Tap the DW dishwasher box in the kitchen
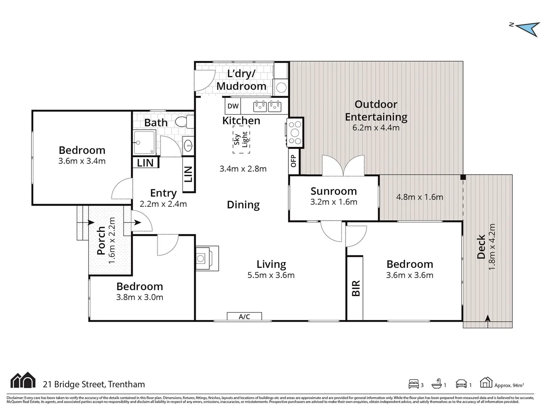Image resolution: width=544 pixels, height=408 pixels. [233, 106]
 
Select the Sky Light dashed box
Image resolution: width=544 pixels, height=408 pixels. [241, 140]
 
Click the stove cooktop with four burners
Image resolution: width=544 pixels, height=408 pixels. [295, 133]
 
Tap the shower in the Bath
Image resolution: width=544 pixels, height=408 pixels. [144, 142]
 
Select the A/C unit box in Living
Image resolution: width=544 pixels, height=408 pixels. [244, 317]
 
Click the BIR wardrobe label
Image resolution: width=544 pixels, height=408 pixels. [355, 288]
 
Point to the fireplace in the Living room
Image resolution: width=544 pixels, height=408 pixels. [206, 258]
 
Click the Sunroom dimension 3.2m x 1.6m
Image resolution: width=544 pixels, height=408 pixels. [334, 202]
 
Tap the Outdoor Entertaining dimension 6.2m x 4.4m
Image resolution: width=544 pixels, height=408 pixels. [376, 128]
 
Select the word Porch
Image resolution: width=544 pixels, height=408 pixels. [101, 240]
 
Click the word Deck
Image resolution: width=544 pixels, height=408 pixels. [481, 247]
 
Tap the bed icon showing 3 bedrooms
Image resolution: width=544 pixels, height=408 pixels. [414, 384]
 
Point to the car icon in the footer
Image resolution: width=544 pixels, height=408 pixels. [461, 384]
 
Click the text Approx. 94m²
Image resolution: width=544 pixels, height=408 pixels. [509, 385]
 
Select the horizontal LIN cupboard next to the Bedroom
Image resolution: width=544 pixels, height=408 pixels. [145, 163]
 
